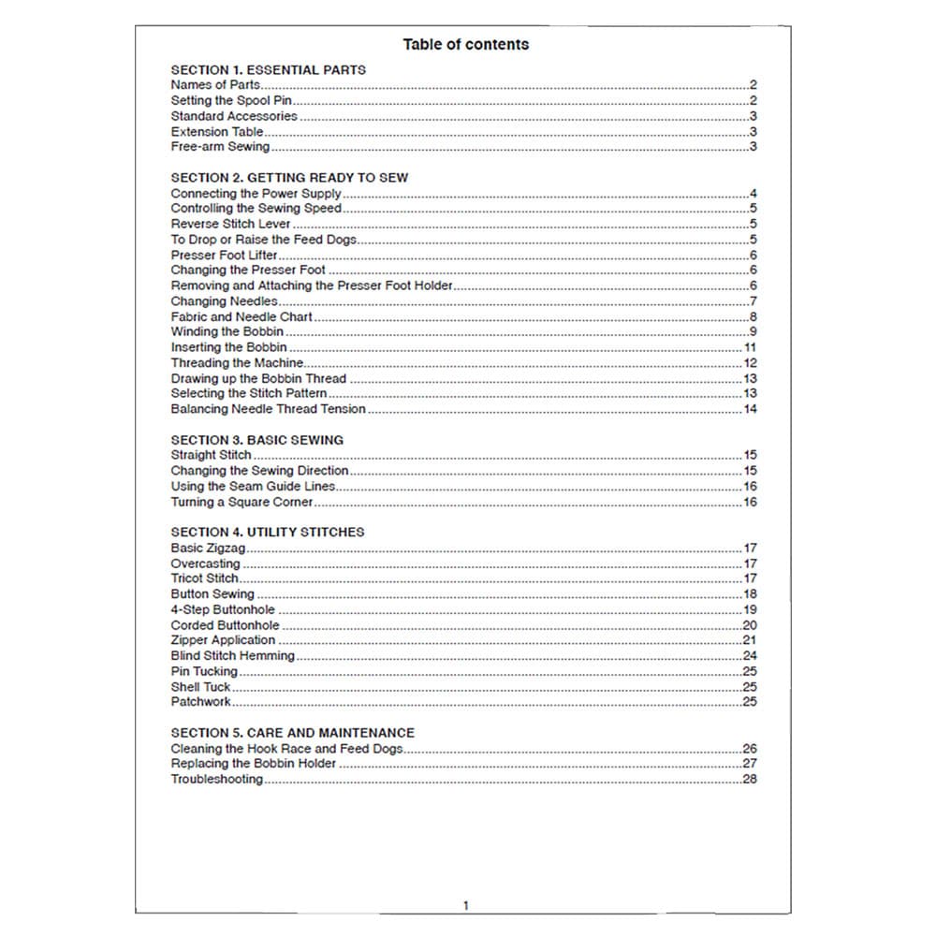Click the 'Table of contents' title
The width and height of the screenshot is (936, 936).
[x=465, y=44]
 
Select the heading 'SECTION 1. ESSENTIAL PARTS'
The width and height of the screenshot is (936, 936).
[x=268, y=69]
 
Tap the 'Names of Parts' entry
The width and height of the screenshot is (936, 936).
[x=215, y=85]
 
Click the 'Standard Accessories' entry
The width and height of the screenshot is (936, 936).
[x=234, y=116]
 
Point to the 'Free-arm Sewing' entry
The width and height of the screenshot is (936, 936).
[x=220, y=147]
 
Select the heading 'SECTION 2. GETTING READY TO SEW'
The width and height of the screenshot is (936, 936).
[x=289, y=177]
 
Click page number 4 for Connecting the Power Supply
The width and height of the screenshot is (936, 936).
[x=753, y=194]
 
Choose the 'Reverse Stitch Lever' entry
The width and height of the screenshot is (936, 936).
[x=230, y=225]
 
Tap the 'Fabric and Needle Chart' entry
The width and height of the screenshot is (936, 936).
[x=241, y=317]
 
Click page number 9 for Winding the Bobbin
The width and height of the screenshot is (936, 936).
[x=753, y=332]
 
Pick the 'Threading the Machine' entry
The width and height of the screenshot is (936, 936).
[x=237, y=363]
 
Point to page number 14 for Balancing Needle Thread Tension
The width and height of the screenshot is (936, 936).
[x=750, y=409]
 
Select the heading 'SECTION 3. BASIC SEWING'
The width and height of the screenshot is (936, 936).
[x=256, y=440]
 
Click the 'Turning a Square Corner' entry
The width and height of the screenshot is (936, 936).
[x=241, y=502]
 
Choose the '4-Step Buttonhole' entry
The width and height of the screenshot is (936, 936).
[x=223, y=609]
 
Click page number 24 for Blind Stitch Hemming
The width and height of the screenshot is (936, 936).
[x=750, y=656]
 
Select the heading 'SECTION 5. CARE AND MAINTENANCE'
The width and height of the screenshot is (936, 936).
[x=292, y=733]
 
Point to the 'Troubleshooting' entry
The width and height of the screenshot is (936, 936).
[x=216, y=780]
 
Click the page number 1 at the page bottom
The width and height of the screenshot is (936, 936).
[x=465, y=905]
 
